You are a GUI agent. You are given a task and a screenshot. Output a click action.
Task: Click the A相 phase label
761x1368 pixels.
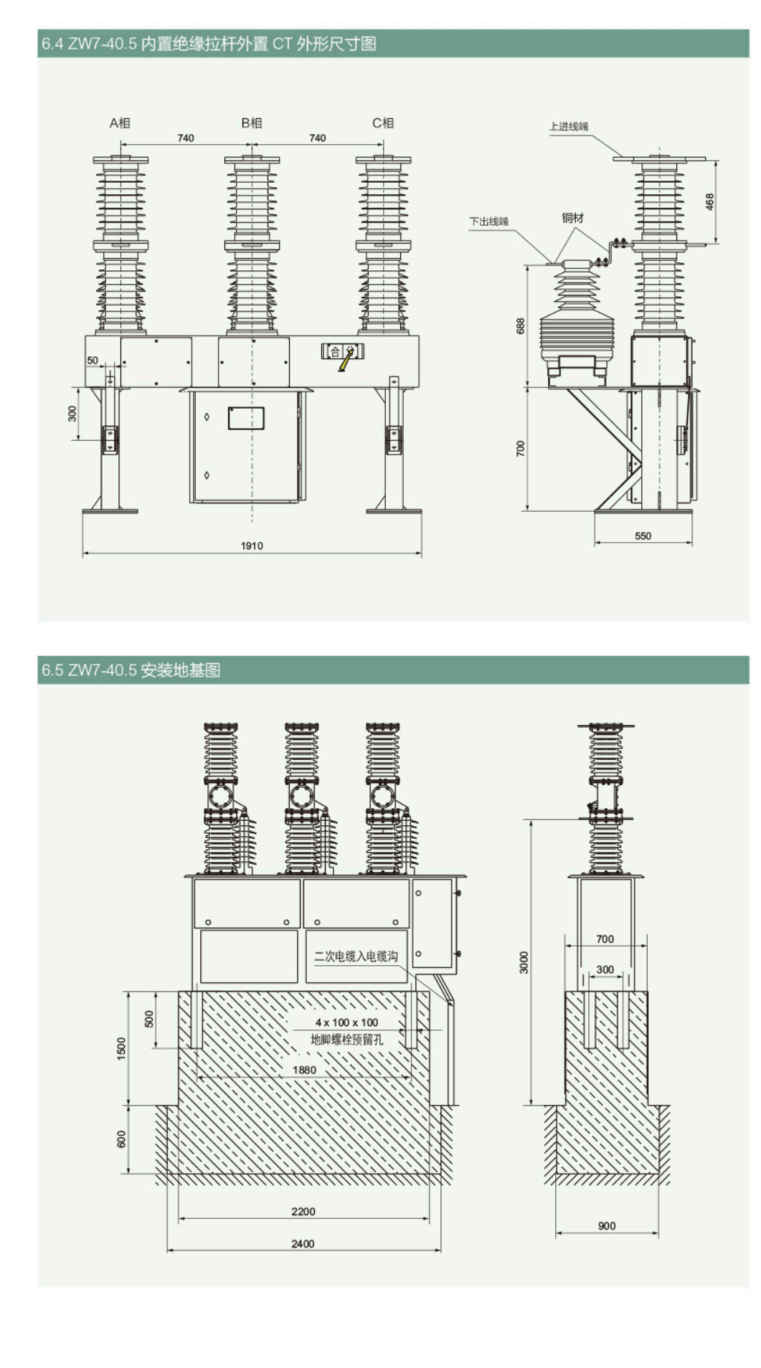[x=120, y=123]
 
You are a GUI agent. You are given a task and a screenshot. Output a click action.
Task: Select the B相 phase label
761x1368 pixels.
[x=251, y=123]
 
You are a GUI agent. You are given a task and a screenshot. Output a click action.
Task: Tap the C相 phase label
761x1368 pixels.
[x=382, y=123]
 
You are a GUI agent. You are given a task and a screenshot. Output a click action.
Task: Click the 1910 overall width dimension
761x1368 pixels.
[x=251, y=546]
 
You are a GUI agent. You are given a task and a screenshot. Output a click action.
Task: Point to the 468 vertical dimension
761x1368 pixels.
[x=709, y=201]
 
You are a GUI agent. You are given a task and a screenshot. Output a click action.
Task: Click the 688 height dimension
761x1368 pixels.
[x=520, y=326]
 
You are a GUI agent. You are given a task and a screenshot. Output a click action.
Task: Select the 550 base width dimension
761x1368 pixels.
[x=643, y=536]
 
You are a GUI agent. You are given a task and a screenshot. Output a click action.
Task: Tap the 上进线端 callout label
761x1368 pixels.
[x=569, y=126]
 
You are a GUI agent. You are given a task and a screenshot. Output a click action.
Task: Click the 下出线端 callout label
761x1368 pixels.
[x=488, y=221]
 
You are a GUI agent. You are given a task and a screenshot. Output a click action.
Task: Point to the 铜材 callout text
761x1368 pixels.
[x=572, y=217]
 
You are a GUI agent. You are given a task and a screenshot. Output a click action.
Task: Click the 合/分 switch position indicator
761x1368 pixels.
[x=342, y=351]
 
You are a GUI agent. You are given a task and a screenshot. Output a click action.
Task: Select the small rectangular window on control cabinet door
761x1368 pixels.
[x=246, y=418]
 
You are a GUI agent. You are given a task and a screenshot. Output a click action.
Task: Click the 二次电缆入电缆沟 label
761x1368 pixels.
[x=356, y=956]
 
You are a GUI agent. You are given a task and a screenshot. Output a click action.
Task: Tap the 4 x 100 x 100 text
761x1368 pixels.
[x=346, y=1022]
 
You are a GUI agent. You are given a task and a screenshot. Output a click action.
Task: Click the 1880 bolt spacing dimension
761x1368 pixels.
[x=304, y=1070]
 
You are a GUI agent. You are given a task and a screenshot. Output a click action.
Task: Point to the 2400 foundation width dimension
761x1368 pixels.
[x=303, y=1243]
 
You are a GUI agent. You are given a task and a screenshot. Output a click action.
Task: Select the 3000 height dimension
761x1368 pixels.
[x=524, y=962]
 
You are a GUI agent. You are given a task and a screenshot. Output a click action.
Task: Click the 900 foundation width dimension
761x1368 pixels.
[x=607, y=1225]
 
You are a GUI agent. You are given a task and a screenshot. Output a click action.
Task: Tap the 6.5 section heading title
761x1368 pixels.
[x=131, y=670]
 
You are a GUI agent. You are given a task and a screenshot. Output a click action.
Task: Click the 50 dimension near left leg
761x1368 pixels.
[x=93, y=360]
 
